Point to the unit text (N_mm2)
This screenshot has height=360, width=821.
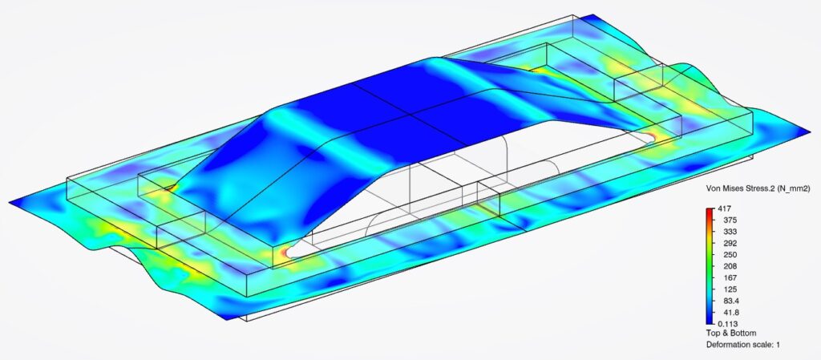tap(789, 190)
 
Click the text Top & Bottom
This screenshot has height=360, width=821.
tap(730, 333)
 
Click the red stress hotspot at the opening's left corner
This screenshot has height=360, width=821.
tap(283, 254)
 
